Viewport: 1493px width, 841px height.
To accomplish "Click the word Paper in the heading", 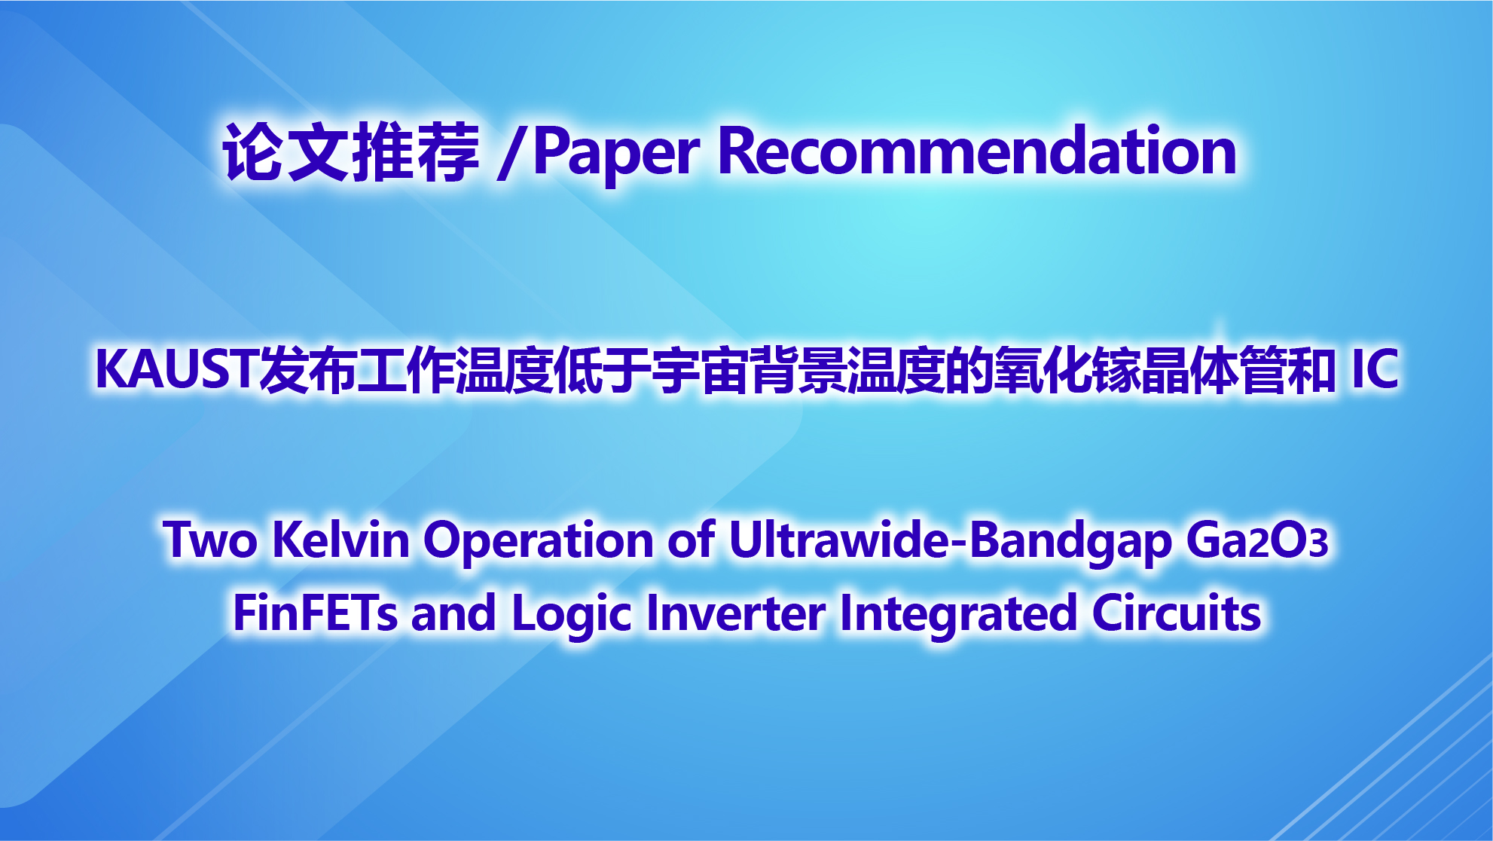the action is [x=616, y=154].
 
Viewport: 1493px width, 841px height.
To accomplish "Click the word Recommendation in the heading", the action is [x=977, y=151].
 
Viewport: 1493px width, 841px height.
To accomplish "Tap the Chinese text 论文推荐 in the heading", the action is [x=351, y=152].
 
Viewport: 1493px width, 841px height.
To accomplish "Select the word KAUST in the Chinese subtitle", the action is [x=177, y=369].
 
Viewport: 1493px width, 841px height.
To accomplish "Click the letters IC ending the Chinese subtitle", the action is [x=1375, y=369].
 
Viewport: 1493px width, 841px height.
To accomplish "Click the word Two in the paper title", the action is [x=210, y=540].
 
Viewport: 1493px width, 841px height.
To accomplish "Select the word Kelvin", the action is [x=340, y=540].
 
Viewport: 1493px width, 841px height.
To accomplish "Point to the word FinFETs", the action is [x=315, y=613].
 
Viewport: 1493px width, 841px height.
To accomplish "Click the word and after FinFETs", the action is [x=453, y=613].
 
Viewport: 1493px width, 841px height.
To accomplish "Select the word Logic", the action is [x=571, y=615].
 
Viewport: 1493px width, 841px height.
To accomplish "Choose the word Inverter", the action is [x=736, y=613].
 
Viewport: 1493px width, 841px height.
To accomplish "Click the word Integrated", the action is [x=958, y=615].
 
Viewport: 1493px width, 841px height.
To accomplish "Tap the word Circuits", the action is [x=1176, y=612].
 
